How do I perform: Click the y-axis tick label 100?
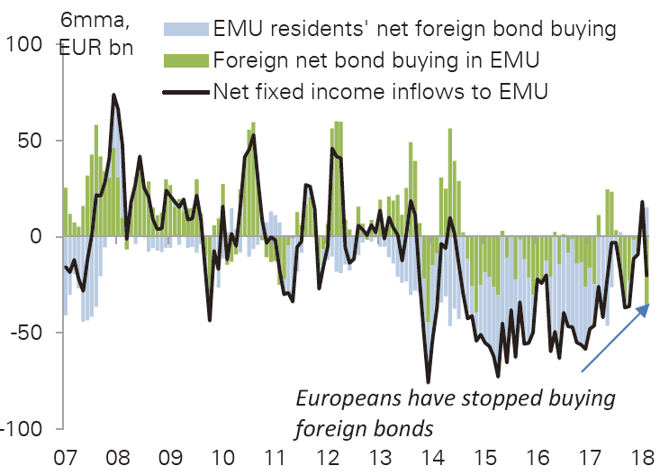point(25,43)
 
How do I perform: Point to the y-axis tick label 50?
point(32,141)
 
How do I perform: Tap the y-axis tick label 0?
point(38,236)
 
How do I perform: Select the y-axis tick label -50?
point(28,332)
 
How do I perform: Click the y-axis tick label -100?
point(23,428)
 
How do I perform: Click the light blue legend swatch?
point(185,29)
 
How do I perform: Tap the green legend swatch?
point(185,60)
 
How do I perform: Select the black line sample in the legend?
point(185,90)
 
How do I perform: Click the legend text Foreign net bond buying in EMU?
point(377,60)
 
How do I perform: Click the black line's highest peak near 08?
point(113,95)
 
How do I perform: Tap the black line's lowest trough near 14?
point(428,382)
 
